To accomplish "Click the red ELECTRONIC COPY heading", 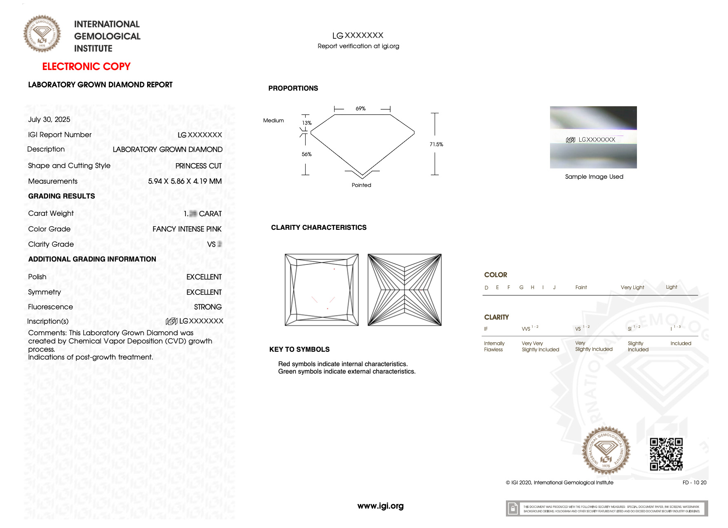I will click(x=86, y=67).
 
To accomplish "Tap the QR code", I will click(x=666, y=454).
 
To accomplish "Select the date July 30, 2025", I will click(x=49, y=119).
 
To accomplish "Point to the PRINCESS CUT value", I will click(x=198, y=166).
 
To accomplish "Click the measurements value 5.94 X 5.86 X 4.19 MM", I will click(x=185, y=181).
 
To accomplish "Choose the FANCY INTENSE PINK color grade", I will click(x=187, y=229).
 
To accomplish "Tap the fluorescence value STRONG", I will click(x=208, y=307).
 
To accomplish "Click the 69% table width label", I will click(x=360, y=109).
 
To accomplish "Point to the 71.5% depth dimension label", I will click(x=436, y=145).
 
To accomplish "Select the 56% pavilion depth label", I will click(x=307, y=154).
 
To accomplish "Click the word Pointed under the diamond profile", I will click(x=361, y=185).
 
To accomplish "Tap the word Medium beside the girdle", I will click(x=274, y=121).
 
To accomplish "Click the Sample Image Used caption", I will click(x=594, y=177).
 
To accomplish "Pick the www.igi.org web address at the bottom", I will click(x=380, y=506).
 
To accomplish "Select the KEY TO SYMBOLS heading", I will click(x=299, y=349).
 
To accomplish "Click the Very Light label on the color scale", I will click(x=632, y=287).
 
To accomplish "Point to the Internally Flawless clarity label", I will click(x=494, y=346).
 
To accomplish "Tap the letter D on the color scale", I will click(x=487, y=287).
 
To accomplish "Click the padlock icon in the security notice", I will click(x=513, y=509).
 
